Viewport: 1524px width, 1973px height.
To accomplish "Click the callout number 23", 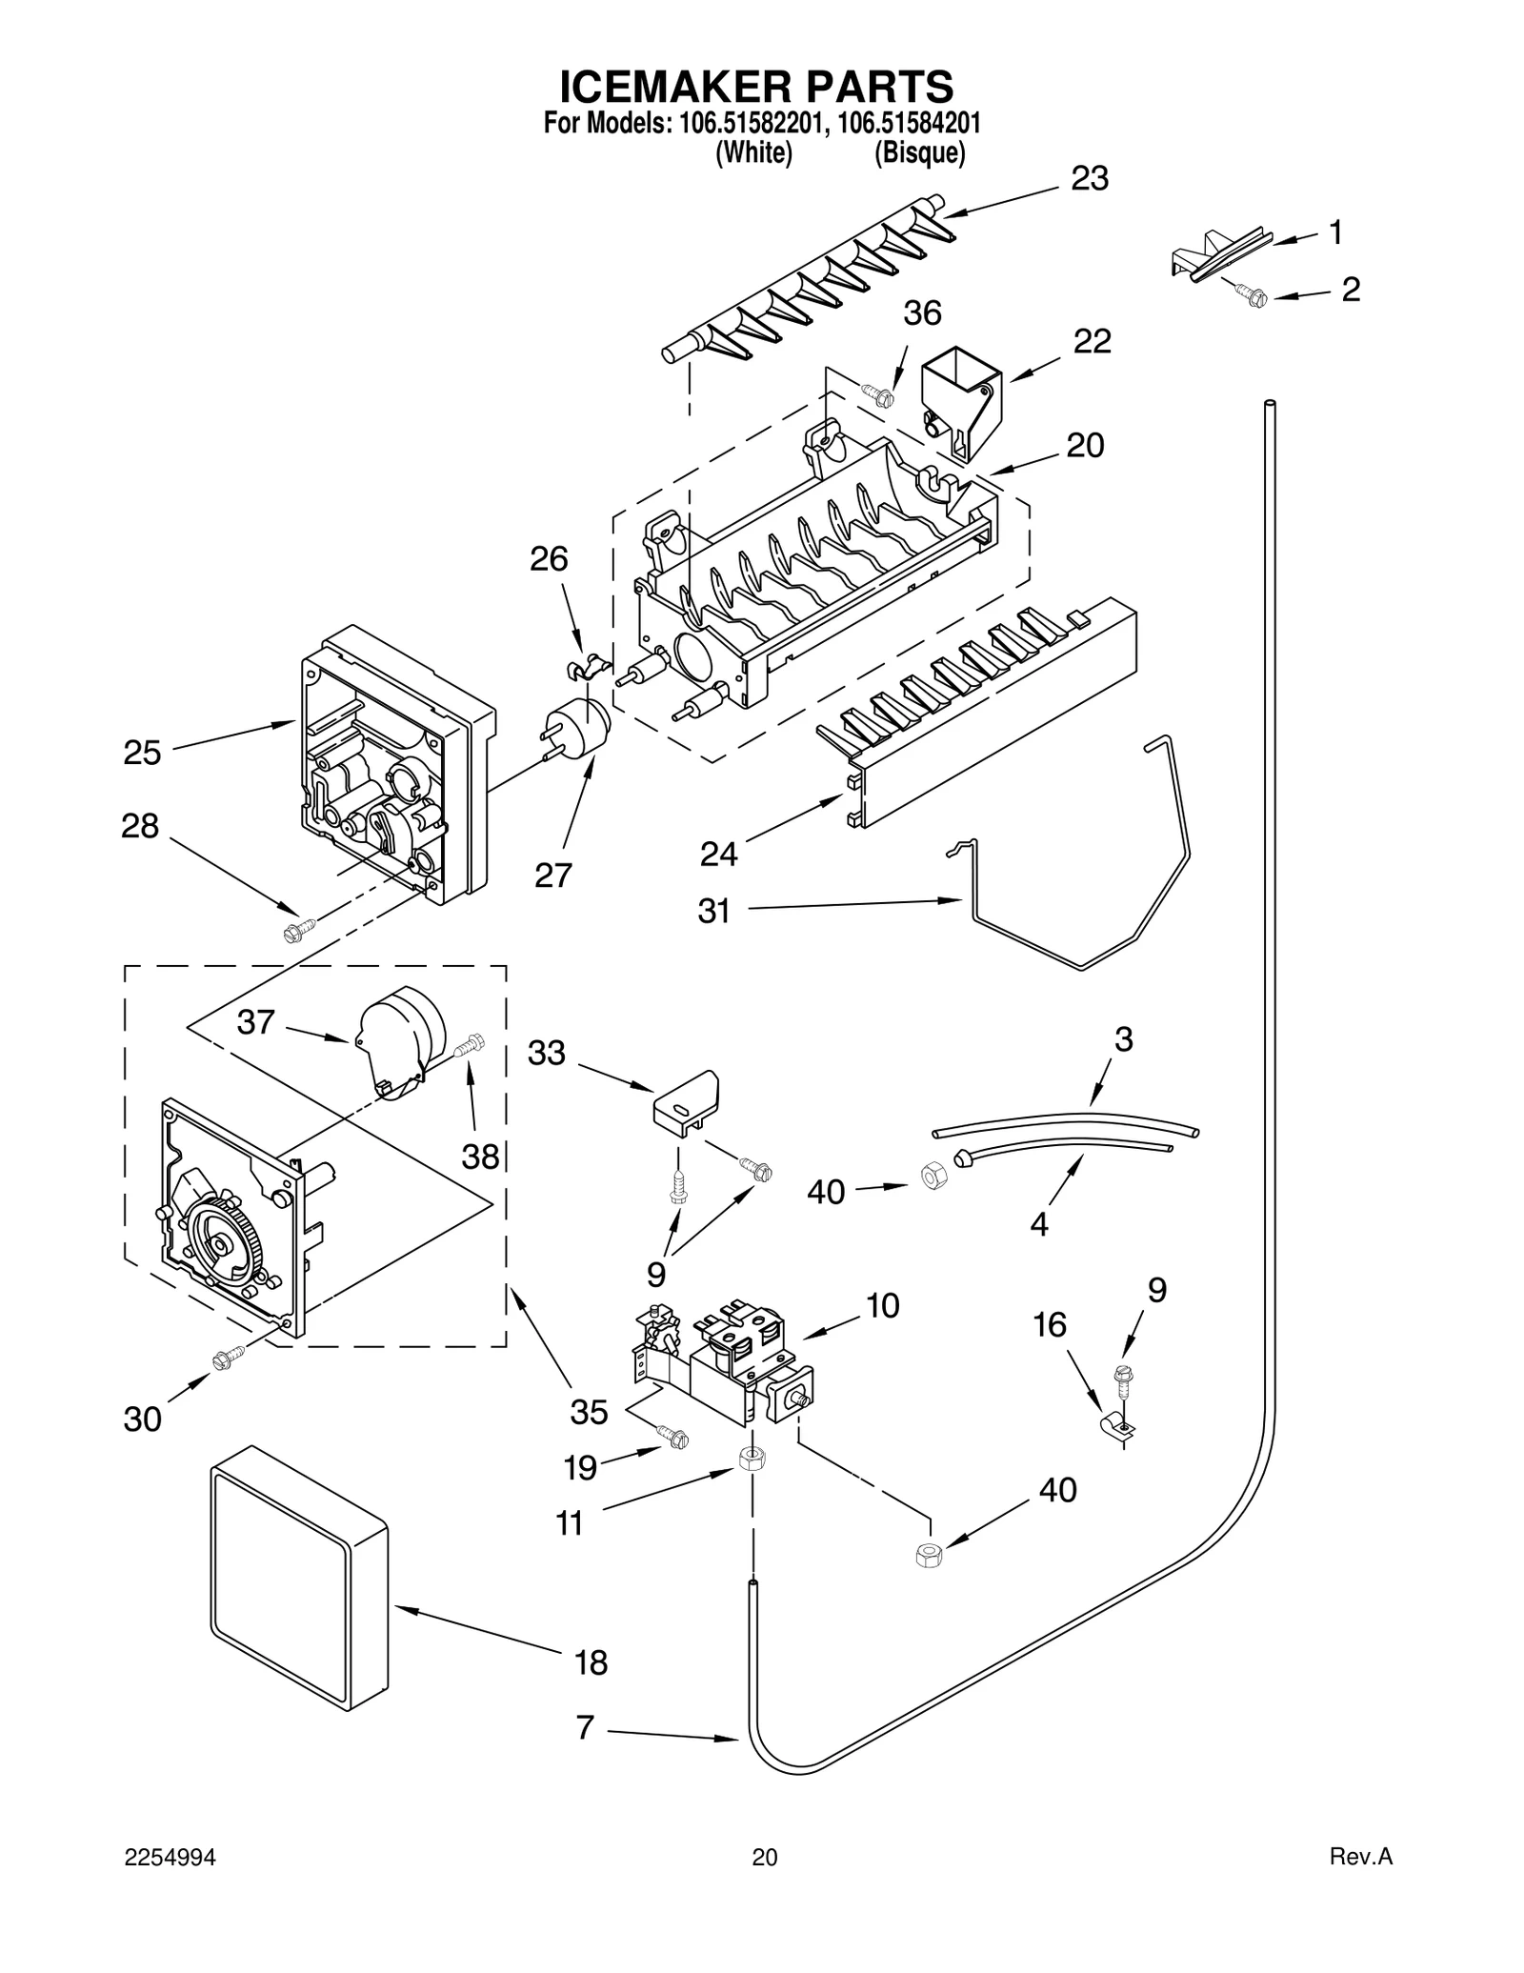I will [1090, 178].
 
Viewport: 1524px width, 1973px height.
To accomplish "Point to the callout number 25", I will [142, 753].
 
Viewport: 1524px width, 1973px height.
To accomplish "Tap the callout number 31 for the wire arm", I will [713, 911].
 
